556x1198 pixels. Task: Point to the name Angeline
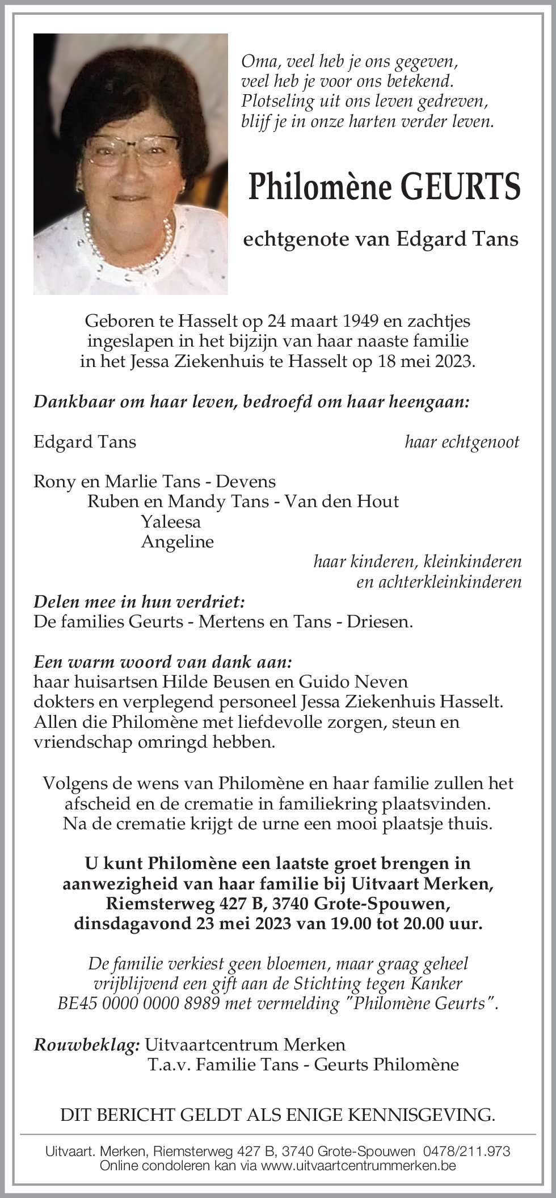177,542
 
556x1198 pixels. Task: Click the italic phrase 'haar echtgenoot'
462,442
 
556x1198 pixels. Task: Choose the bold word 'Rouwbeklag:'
87,1044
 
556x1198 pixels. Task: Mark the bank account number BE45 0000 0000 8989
138,1003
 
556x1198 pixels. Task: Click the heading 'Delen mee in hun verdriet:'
139,601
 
